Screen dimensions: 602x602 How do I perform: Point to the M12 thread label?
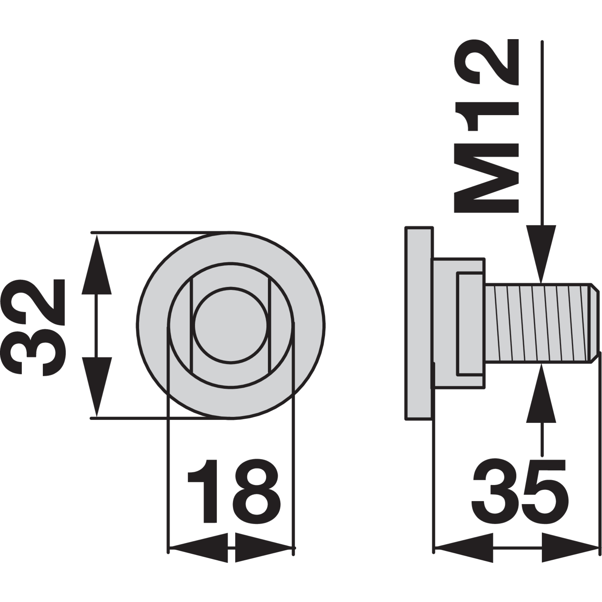(487, 126)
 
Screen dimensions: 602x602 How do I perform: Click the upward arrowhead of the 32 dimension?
(97, 263)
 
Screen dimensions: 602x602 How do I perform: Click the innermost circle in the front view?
(231, 325)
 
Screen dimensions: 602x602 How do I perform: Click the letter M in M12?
(487, 182)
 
